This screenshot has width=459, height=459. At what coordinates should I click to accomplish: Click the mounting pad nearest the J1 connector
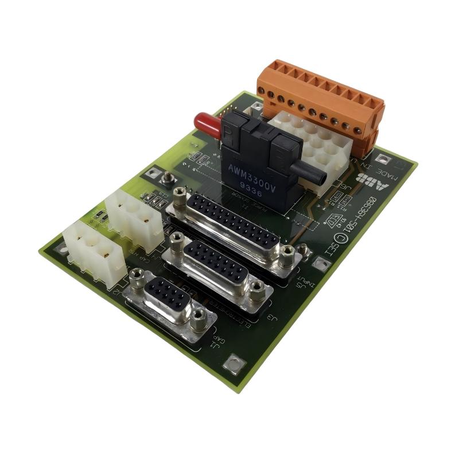click(x=234, y=363)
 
